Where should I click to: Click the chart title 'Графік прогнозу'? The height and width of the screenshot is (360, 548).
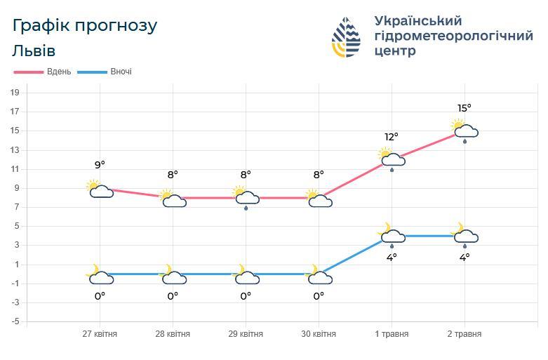point(85,26)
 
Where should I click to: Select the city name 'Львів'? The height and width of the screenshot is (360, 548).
point(34,51)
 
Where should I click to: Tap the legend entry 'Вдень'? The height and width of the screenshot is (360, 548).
point(59,72)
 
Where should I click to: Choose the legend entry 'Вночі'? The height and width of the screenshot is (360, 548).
point(120,72)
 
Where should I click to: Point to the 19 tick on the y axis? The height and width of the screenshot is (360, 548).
point(14,93)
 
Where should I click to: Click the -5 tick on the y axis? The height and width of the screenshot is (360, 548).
point(14,322)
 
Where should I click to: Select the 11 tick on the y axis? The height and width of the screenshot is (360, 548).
point(14,169)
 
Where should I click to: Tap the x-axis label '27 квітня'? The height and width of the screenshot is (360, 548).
point(100,334)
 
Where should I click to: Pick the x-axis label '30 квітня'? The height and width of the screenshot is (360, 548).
point(319,334)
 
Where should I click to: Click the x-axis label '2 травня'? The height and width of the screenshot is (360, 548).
point(465,334)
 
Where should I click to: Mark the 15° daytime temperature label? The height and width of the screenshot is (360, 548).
point(465,108)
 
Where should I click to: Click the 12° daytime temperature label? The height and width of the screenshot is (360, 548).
point(392,137)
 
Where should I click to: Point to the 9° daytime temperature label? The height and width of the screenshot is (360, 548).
point(100,165)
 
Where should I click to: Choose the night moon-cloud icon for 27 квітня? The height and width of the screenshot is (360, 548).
point(100,275)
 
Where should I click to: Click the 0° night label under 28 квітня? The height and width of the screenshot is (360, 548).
point(173,296)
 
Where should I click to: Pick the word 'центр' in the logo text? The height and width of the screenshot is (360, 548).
point(395,51)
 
